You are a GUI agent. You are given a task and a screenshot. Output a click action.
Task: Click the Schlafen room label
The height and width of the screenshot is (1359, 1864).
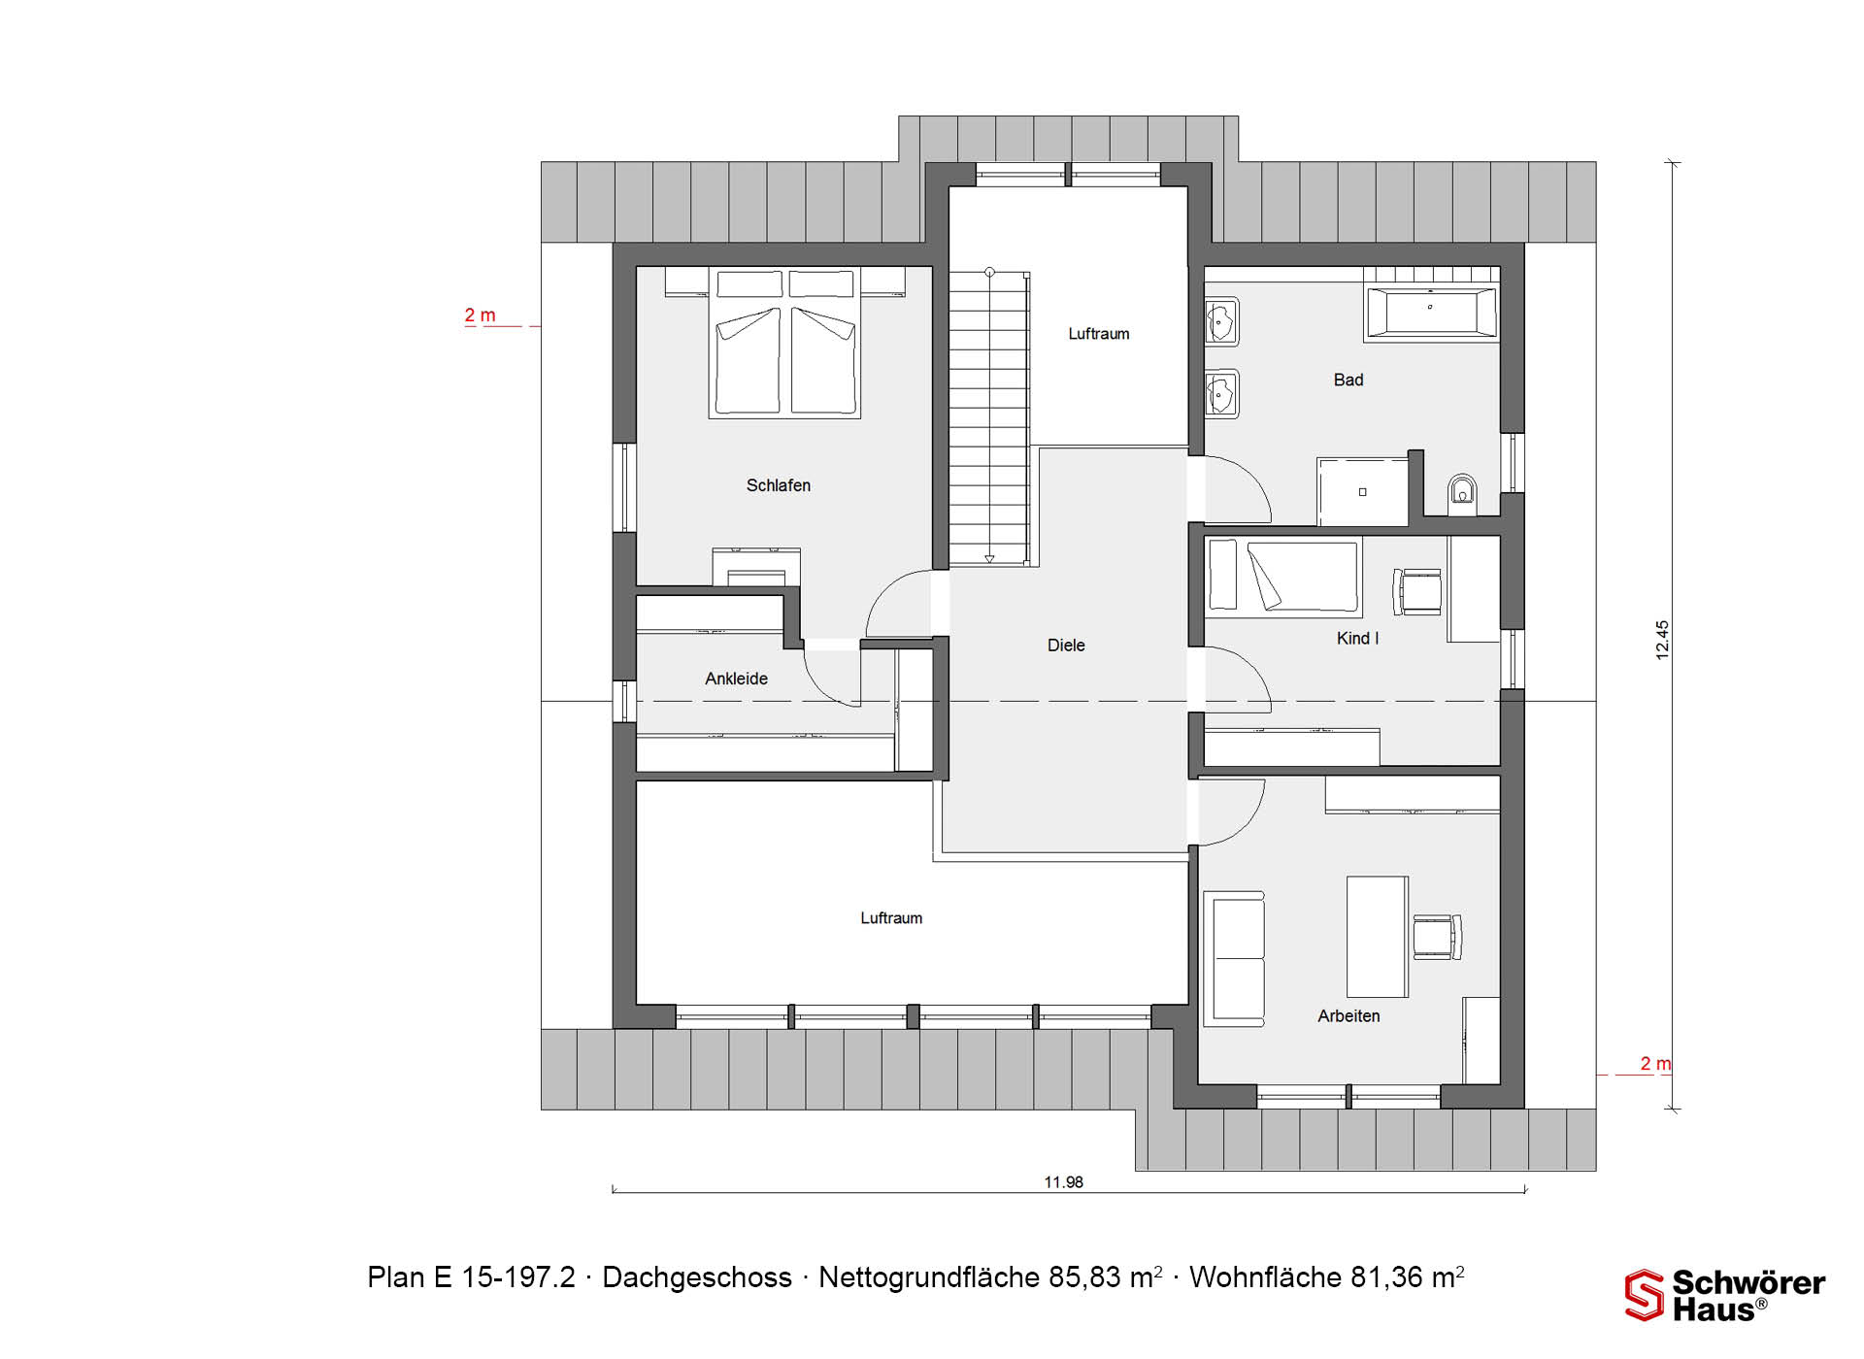(x=778, y=485)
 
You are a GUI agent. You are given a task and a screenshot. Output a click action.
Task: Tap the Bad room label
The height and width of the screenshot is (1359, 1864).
(x=1348, y=380)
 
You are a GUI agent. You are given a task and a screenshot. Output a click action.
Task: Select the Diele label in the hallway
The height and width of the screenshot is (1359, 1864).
(x=1066, y=646)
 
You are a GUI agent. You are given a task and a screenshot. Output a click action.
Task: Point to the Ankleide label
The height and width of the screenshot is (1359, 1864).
(x=736, y=679)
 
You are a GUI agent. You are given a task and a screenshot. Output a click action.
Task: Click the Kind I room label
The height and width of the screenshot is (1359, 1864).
(x=1357, y=638)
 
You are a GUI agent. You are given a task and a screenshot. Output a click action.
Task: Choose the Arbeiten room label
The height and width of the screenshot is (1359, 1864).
(x=1348, y=1016)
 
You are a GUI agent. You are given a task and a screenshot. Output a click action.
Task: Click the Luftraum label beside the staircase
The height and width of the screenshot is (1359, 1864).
(x=1099, y=334)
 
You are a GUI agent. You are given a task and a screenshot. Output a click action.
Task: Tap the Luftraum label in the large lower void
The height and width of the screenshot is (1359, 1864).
(x=891, y=918)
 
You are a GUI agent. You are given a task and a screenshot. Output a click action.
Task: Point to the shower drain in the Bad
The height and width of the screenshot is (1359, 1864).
(x=1362, y=492)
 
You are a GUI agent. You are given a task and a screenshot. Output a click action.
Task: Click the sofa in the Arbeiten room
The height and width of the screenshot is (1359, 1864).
(x=1234, y=958)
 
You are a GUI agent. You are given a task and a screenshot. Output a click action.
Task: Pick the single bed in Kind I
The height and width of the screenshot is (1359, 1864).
(x=1281, y=578)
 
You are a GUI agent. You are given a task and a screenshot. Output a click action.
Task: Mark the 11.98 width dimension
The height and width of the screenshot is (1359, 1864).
(x=1063, y=1182)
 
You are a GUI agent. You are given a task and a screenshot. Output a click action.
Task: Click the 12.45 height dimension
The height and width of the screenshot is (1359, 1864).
(x=1662, y=641)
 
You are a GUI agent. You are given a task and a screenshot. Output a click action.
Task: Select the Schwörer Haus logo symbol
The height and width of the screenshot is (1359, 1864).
(x=1645, y=1296)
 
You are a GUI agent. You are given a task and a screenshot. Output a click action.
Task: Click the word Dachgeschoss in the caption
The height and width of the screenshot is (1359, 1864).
(x=697, y=1277)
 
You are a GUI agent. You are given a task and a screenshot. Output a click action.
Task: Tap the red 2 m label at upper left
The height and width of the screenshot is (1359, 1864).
(x=480, y=315)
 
